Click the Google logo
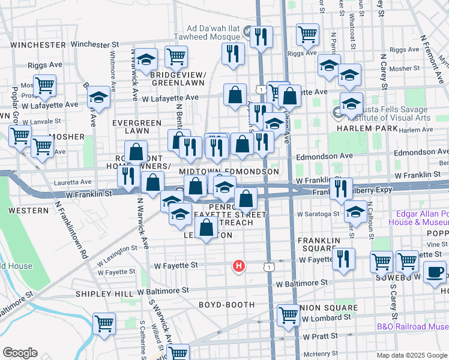coord(20,353)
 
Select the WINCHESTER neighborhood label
coord(37,45)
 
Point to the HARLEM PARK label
coord(367,128)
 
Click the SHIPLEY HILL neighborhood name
coord(104,293)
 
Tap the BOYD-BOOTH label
coord(227,305)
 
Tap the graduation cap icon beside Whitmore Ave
coord(98,98)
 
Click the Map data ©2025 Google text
coord(412,355)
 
